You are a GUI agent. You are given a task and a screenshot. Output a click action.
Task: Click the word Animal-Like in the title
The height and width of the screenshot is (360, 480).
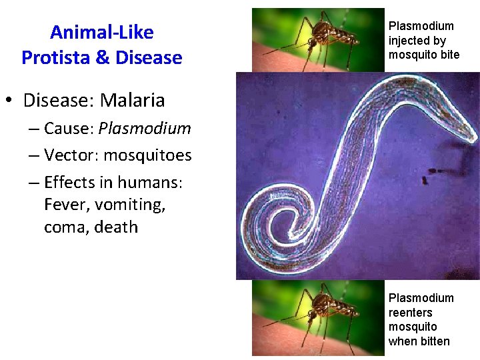click(x=101, y=32)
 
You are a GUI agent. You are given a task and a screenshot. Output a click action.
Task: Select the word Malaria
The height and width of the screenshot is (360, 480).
click(x=132, y=101)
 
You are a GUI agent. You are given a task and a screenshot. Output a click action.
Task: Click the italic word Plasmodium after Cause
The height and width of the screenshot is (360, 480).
click(x=145, y=128)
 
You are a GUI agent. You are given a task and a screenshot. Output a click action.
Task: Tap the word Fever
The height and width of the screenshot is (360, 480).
click(x=66, y=205)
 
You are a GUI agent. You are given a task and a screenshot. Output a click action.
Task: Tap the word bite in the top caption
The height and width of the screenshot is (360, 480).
click(x=449, y=55)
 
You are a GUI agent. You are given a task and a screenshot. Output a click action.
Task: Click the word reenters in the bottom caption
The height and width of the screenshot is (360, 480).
click(x=411, y=313)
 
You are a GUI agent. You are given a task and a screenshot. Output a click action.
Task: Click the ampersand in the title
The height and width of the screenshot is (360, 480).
click(x=103, y=58)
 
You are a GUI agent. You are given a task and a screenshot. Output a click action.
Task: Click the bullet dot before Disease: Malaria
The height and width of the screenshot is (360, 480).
click(x=9, y=101)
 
